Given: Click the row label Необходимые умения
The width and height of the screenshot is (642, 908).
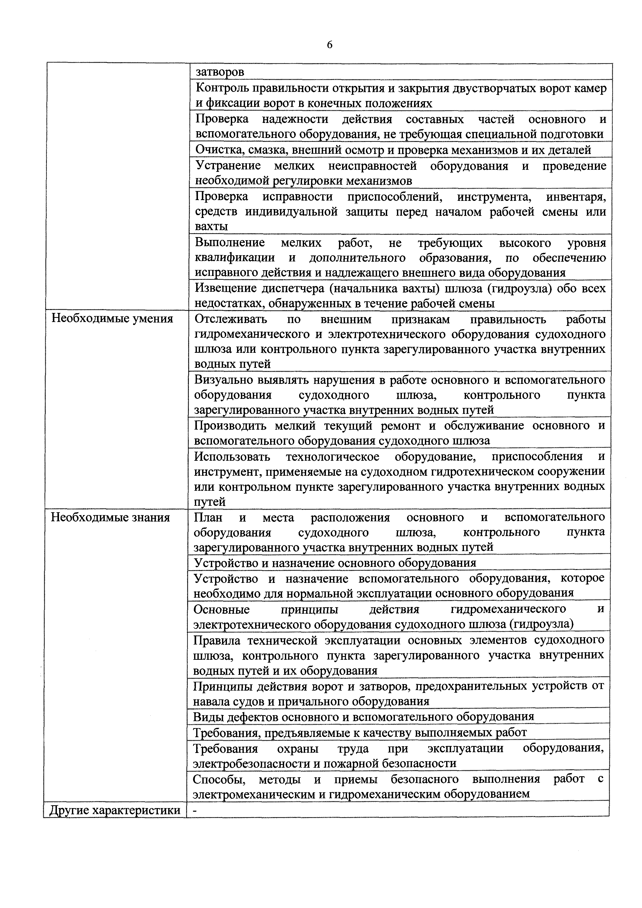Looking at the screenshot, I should point(112,319).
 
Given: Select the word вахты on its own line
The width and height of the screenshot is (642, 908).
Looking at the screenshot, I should point(211,226).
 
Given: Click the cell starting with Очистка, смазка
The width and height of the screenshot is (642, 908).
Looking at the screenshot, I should point(393,150).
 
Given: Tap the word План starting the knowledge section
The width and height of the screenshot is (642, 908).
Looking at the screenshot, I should point(208,517).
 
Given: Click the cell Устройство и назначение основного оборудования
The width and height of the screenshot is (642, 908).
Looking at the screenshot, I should point(335,563).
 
